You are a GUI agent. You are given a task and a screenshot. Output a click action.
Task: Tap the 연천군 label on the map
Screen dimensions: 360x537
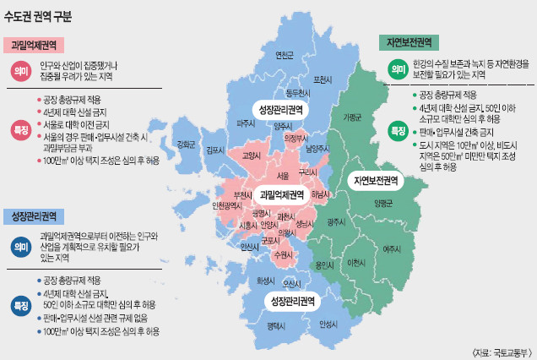point(285,56)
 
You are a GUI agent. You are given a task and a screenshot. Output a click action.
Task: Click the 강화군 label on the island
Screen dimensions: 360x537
point(187,143)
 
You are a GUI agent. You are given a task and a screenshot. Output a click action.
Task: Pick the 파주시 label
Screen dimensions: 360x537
point(247,123)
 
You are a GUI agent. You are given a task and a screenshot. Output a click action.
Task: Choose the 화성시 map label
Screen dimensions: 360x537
point(265,280)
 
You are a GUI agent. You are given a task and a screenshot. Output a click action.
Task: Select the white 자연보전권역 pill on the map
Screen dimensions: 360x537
point(376,181)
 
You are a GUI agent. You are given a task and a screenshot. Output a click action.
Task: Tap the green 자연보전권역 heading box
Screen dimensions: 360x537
point(409,41)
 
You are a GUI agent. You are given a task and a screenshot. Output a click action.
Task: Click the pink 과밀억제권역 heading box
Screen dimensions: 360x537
point(34,46)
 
